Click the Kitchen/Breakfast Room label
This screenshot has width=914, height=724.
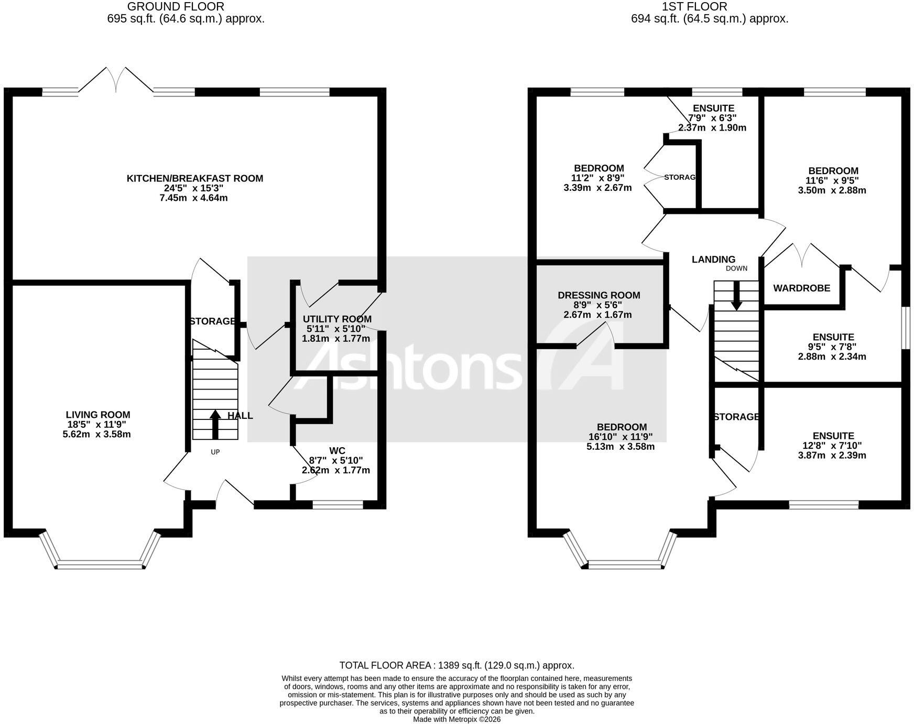coord(195,178)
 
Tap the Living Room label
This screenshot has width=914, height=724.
coord(97,415)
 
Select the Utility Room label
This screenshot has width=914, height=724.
coord(337,319)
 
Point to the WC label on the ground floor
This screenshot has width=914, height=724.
coord(337,450)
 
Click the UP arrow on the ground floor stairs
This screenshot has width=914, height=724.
coord(215,424)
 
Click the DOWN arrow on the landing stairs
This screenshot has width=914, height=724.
coord(736,296)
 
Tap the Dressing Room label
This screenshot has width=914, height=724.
coord(599,295)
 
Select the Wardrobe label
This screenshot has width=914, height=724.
coord(802,288)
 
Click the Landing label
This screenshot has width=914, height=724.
coord(713,259)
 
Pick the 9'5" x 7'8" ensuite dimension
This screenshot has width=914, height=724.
coord(833,347)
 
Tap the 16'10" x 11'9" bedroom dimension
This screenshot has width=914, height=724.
coord(621,437)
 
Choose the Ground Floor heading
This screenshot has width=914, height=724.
coord(176,7)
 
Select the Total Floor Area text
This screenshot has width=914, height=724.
coord(457,665)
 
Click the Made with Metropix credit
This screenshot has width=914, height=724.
coord(457,719)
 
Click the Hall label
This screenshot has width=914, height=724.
coord(240,416)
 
